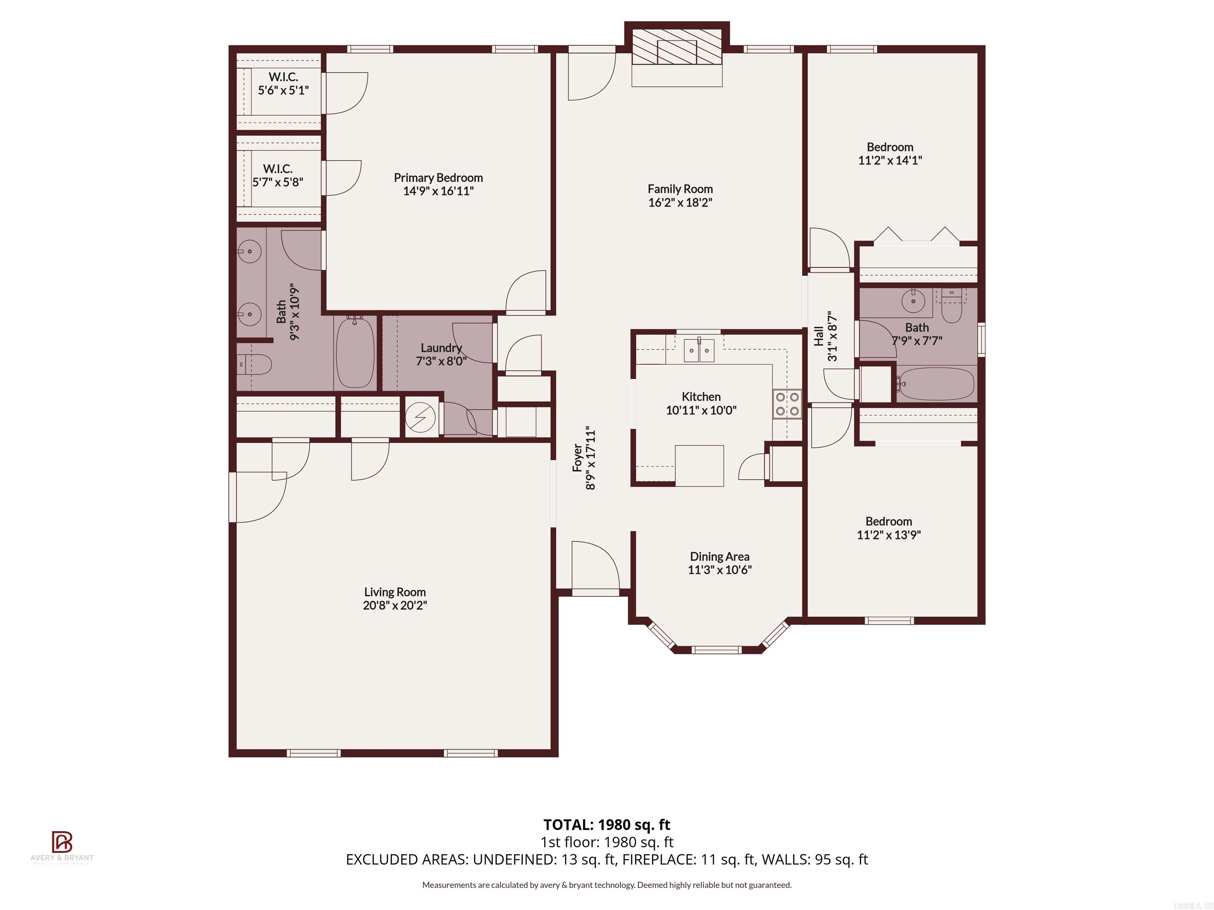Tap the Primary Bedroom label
tap(438, 178)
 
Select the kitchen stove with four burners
tap(787, 404)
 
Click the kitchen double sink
tap(699, 350)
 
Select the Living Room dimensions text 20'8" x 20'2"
tap(395, 605)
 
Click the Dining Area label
tap(720, 557)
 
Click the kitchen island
tap(699, 465)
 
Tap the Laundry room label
tap(441, 348)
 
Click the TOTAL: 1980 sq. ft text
tap(607, 824)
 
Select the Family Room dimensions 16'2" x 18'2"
tap(680, 202)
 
